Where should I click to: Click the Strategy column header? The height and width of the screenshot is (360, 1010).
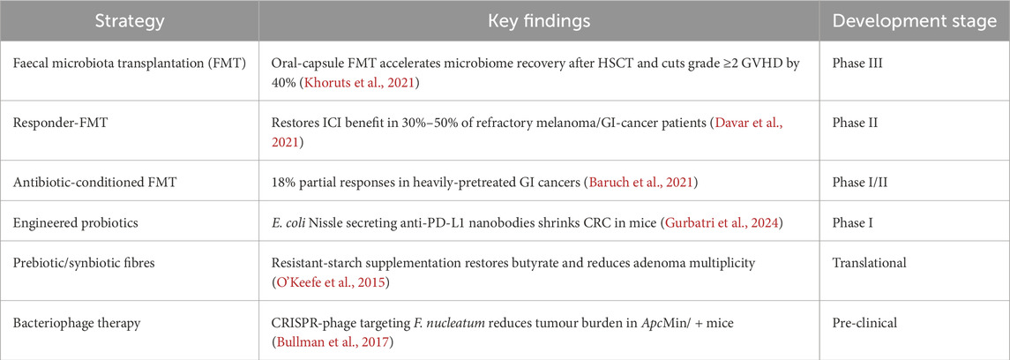(x=130, y=20)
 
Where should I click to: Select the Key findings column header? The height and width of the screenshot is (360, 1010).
(x=539, y=20)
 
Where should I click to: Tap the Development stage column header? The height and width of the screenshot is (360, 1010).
(x=915, y=20)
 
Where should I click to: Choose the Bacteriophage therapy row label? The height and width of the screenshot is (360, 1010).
(x=71, y=319)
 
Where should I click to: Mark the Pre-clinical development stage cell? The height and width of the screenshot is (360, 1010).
(x=865, y=319)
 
